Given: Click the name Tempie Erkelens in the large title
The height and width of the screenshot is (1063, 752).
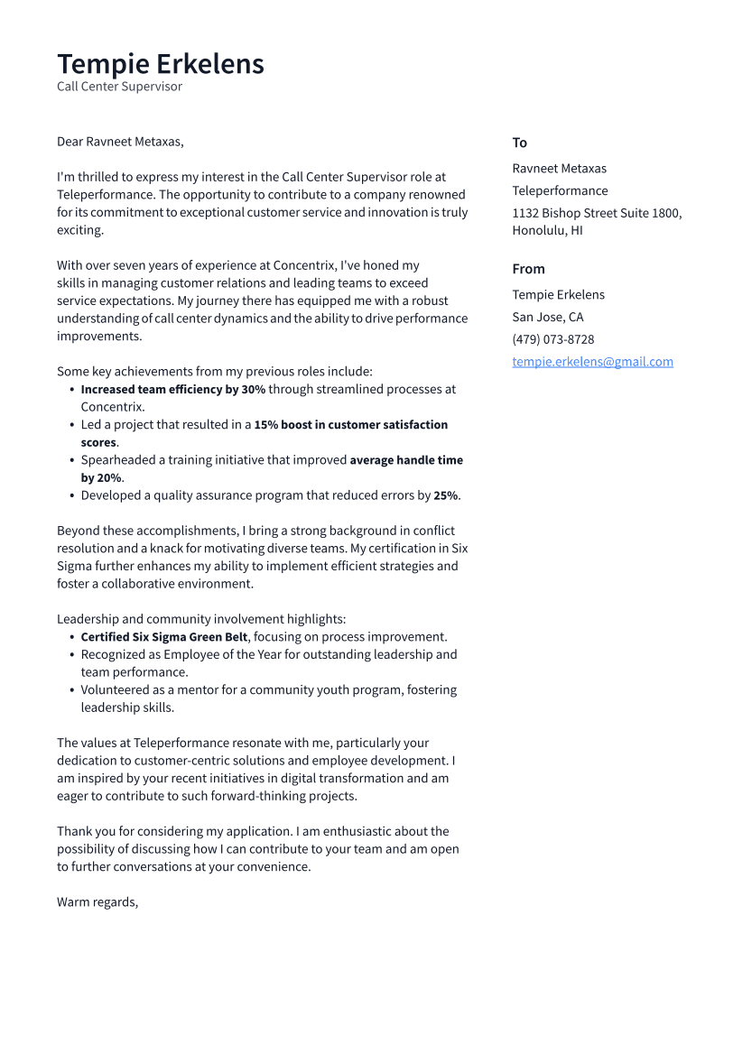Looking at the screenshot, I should click(x=161, y=64).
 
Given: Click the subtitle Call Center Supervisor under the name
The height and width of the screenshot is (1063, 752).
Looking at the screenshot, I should click(x=119, y=87).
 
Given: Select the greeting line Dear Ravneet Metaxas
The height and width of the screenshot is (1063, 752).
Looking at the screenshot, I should click(x=120, y=142).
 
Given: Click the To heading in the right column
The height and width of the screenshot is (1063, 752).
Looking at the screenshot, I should click(x=519, y=143).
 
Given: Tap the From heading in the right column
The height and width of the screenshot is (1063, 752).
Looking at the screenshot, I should click(x=528, y=269).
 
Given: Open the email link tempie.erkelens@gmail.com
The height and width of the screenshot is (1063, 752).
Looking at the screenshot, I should click(x=592, y=362).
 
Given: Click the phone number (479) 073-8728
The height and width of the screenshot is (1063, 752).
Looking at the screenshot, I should click(x=552, y=339).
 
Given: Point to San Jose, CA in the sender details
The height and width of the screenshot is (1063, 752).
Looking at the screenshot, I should click(x=547, y=317).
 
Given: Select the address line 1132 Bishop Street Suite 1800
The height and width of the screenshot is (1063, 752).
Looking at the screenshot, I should click(x=597, y=213).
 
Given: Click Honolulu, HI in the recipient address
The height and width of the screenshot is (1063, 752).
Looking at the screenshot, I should click(x=547, y=230).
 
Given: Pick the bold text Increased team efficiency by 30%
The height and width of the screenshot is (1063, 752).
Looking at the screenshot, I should click(x=172, y=389).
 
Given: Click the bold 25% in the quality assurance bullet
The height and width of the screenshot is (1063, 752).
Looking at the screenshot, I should click(x=445, y=495).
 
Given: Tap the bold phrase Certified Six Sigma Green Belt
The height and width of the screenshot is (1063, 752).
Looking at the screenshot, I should click(x=163, y=637).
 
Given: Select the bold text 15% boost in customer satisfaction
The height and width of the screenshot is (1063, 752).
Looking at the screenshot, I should click(x=350, y=425).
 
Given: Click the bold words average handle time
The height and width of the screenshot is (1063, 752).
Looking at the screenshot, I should click(x=406, y=460).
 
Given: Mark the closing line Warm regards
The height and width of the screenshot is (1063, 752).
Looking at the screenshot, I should click(x=97, y=902).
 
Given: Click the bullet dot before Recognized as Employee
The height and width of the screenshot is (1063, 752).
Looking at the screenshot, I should click(x=71, y=655).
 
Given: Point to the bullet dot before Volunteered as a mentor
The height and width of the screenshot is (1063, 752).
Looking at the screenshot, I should click(x=71, y=690).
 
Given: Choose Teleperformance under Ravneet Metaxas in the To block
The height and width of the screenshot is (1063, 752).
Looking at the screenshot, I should click(x=560, y=190).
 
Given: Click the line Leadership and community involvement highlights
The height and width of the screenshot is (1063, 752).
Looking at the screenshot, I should click(x=201, y=619).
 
